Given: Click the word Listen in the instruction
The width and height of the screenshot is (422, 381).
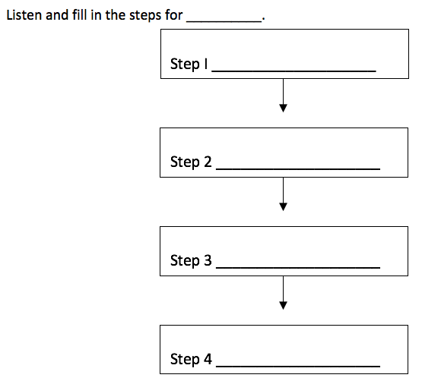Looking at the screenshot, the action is pyautogui.click(x=24, y=15).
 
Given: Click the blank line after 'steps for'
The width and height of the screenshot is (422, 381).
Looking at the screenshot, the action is pyautogui.click(x=224, y=21).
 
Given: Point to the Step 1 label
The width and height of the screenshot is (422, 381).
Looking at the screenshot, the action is pyautogui.click(x=189, y=64).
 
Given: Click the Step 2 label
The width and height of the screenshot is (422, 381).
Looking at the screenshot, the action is pyautogui.click(x=191, y=162).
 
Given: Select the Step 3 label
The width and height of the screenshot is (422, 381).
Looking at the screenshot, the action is pyautogui.click(x=191, y=260).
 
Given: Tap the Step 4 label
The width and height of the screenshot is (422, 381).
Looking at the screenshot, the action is pyautogui.click(x=191, y=359).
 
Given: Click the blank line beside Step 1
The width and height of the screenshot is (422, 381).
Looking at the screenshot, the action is pyautogui.click(x=294, y=71).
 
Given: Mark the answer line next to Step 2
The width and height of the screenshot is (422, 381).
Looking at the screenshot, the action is pyautogui.click(x=298, y=169).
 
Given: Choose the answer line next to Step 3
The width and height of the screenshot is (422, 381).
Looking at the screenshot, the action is pyautogui.click(x=298, y=268).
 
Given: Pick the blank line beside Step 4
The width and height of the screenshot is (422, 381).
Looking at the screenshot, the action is pyautogui.click(x=298, y=367).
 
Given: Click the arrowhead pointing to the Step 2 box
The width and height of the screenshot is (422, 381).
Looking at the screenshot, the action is pyautogui.click(x=283, y=108).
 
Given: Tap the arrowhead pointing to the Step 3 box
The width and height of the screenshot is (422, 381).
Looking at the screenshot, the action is pyautogui.click(x=283, y=206).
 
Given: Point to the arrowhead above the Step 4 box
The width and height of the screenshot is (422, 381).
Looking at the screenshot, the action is pyautogui.click(x=283, y=306).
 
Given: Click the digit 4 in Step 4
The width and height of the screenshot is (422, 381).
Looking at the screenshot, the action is pyautogui.click(x=208, y=359).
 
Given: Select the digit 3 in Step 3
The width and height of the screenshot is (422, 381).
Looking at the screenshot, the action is pyautogui.click(x=208, y=260).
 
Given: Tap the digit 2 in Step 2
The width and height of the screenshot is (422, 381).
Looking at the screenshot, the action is pyautogui.click(x=208, y=162).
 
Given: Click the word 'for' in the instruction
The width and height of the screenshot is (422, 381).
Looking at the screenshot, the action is pyautogui.click(x=174, y=15).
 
